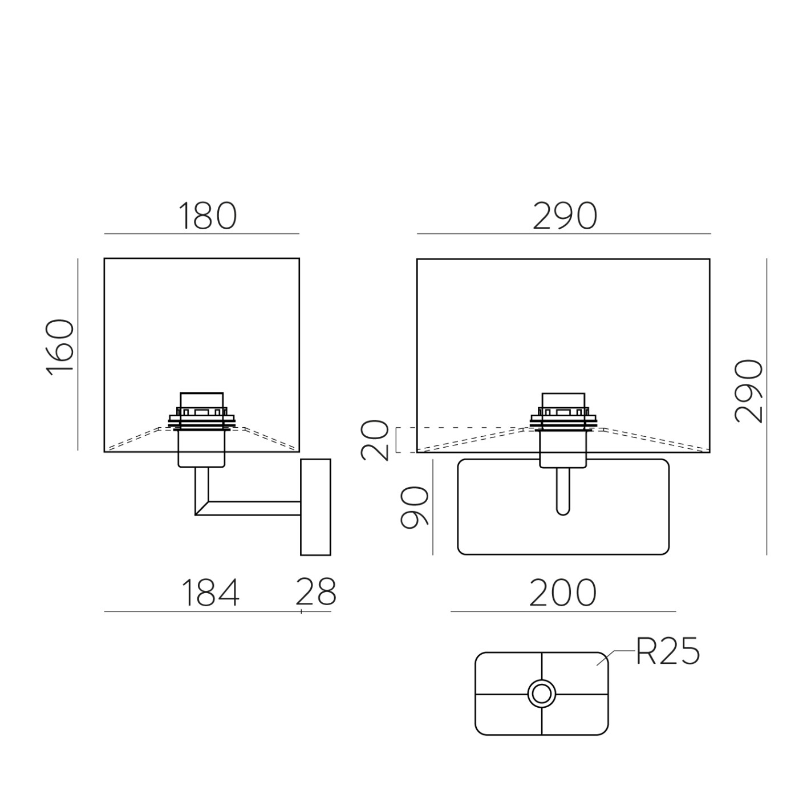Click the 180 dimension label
208,216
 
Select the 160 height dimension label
60,347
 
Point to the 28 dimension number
316,591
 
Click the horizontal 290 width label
565,216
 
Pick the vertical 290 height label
748,391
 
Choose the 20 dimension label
375,441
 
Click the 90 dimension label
414,507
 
